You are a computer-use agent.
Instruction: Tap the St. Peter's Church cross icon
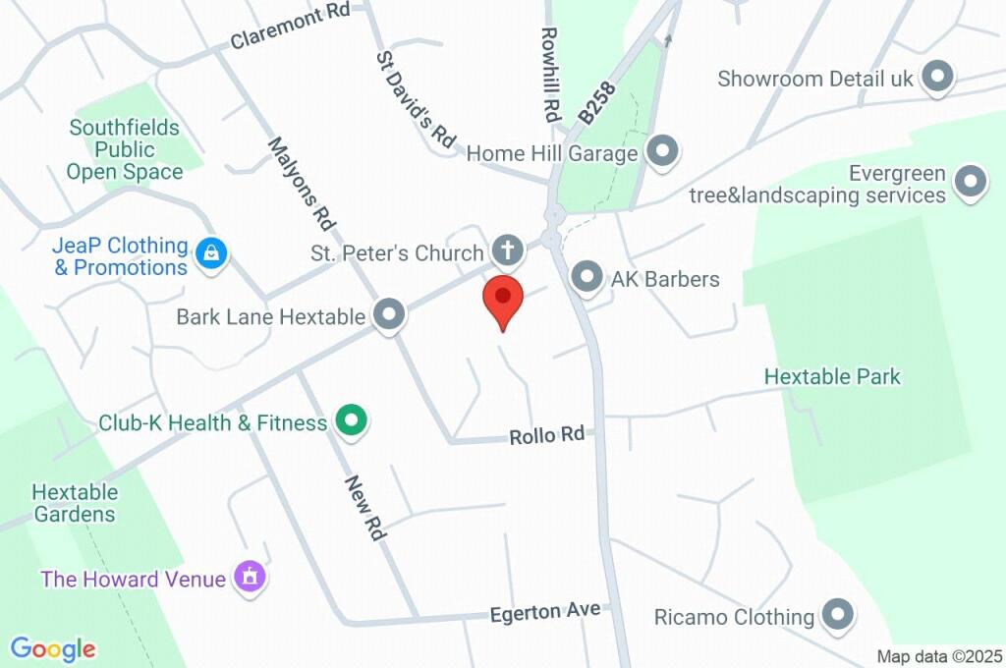point(507,251)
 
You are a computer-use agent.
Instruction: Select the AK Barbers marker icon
point(587,278)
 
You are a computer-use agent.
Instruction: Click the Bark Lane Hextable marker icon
point(391,315)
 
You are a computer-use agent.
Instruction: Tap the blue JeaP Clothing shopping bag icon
point(210,254)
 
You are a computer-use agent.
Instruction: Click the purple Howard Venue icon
point(250,578)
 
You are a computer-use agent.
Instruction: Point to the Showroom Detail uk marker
point(938,78)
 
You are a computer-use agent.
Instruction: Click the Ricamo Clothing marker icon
point(838,616)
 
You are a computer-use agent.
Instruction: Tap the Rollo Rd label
point(547,434)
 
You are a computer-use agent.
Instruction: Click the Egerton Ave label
point(545,612)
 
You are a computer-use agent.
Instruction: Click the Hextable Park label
point(832,376)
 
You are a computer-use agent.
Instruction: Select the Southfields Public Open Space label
point(125,149)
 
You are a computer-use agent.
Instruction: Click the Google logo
point(53,648)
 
